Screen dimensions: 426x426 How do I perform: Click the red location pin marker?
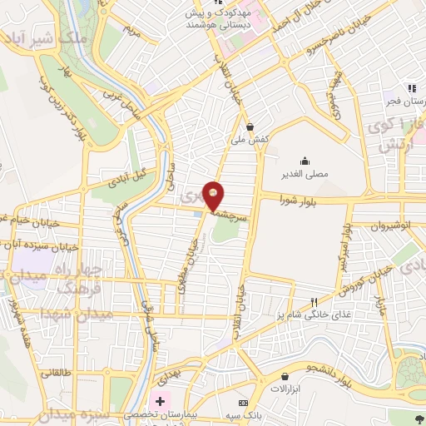(x=215, y=195)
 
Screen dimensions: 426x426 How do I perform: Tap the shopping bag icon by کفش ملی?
(x=251, y=126)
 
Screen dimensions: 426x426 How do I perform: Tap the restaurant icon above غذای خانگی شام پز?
(x=314, y=302)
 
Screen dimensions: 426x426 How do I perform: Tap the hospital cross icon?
(x=160, y=401)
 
